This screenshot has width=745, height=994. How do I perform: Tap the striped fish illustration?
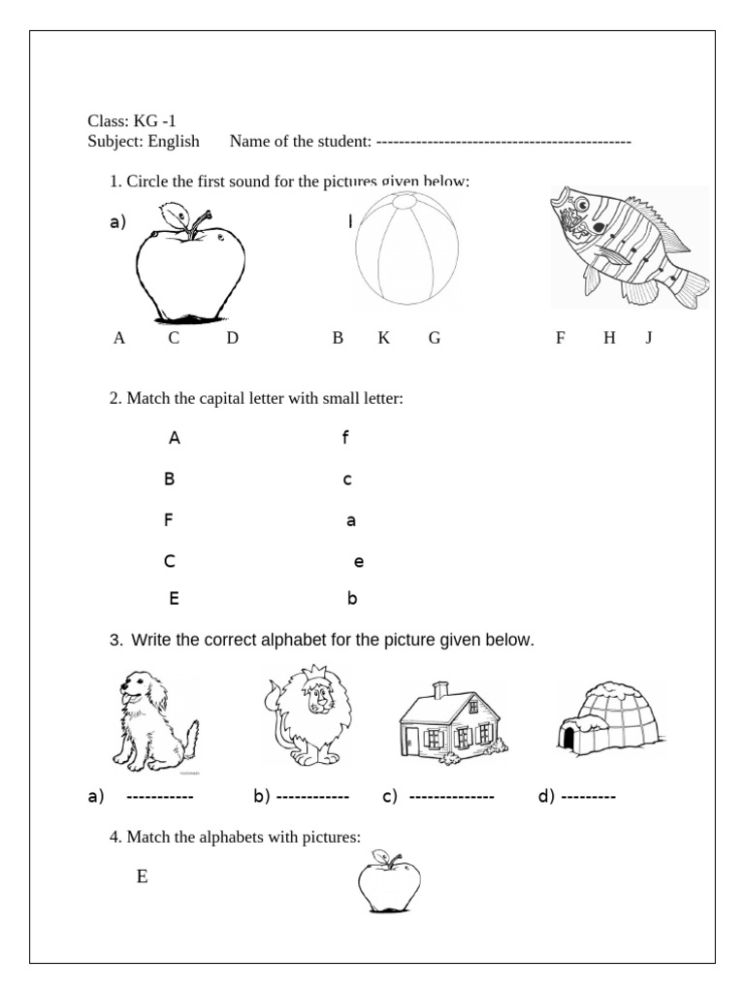coord(629,248)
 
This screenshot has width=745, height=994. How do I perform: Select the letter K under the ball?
coord(383,338)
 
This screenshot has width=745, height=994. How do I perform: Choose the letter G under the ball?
coord(435,338)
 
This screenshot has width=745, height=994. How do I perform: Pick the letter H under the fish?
coord(609,338)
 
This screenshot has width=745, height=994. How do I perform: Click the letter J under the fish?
coord(648,338)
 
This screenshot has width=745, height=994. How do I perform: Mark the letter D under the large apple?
coord(232,338)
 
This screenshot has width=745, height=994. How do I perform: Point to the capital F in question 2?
coord(169,519)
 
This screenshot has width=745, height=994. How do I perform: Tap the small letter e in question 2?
coord(359,561)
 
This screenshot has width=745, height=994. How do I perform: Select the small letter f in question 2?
coord(344,438)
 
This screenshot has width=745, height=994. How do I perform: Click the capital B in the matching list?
coord(169,479)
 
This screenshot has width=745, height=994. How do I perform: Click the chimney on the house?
coord(440,688)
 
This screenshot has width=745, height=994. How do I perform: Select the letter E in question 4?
coord(143,877)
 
